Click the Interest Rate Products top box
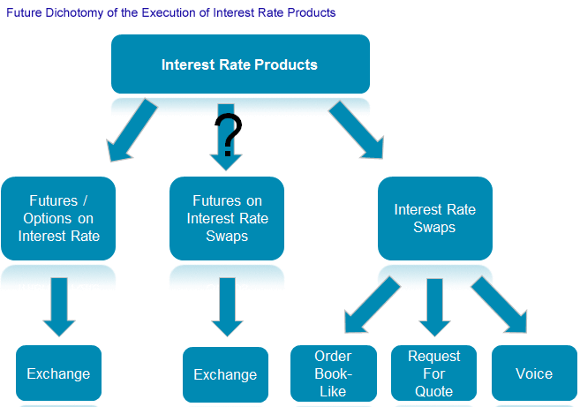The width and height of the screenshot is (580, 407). (x=239, y=64)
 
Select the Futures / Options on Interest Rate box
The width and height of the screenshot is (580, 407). (x=58, y=218)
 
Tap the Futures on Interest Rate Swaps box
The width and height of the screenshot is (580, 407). (x=227, y=218)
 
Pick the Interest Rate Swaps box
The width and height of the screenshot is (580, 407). (x=434, y=218)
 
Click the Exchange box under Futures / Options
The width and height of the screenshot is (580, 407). (x=58, y=373)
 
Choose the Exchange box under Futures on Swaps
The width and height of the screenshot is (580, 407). (x=225, y=375)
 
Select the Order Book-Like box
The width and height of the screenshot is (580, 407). (x=333, y=373)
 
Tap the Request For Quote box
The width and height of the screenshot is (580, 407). (x=433, y=373)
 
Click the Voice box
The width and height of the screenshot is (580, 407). (x=533, y=373)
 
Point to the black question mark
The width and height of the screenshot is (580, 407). (x=228, y=133)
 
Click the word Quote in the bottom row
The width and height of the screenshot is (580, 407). (x=433, y=391)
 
